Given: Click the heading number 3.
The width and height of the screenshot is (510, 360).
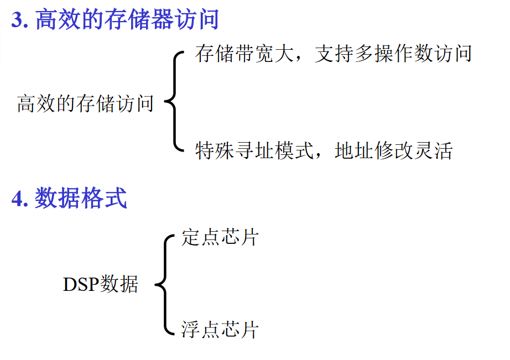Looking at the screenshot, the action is click(x=17, y=20).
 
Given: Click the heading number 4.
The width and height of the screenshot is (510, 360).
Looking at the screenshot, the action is click(x=18, y=198).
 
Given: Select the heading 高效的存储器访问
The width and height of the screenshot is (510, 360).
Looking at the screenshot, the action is click(x=127, y=20).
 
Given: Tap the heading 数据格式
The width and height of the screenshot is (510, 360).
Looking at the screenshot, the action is click(x=81, y=198).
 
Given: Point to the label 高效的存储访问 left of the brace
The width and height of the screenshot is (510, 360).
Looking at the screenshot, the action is click(x=85, y=103).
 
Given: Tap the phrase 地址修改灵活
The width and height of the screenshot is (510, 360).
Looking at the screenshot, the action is click(x=394, y=150).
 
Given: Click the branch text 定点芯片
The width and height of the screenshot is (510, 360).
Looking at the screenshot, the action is click(x=220, y=238).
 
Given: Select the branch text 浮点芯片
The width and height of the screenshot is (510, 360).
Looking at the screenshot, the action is click(x=220, y=330).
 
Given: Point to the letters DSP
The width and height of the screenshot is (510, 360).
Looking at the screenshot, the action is click(x=80, y=285).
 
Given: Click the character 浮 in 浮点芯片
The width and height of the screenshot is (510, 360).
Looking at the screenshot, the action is click(x=190, y=330).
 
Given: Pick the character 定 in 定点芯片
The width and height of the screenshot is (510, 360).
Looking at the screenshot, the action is click(x=190, y=238).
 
